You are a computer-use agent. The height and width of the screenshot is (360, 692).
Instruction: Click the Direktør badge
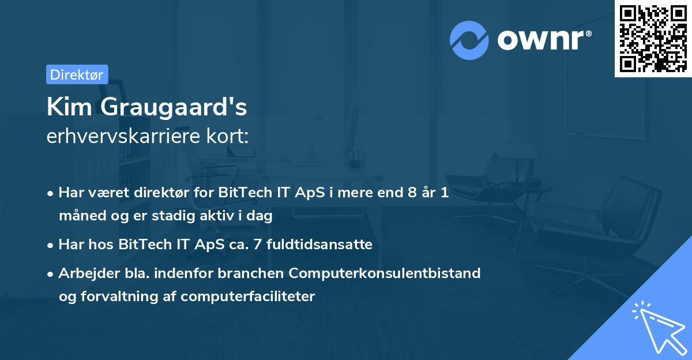tap(77, 74)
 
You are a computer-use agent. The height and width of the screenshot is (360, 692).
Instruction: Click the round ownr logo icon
tap(469, 40)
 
